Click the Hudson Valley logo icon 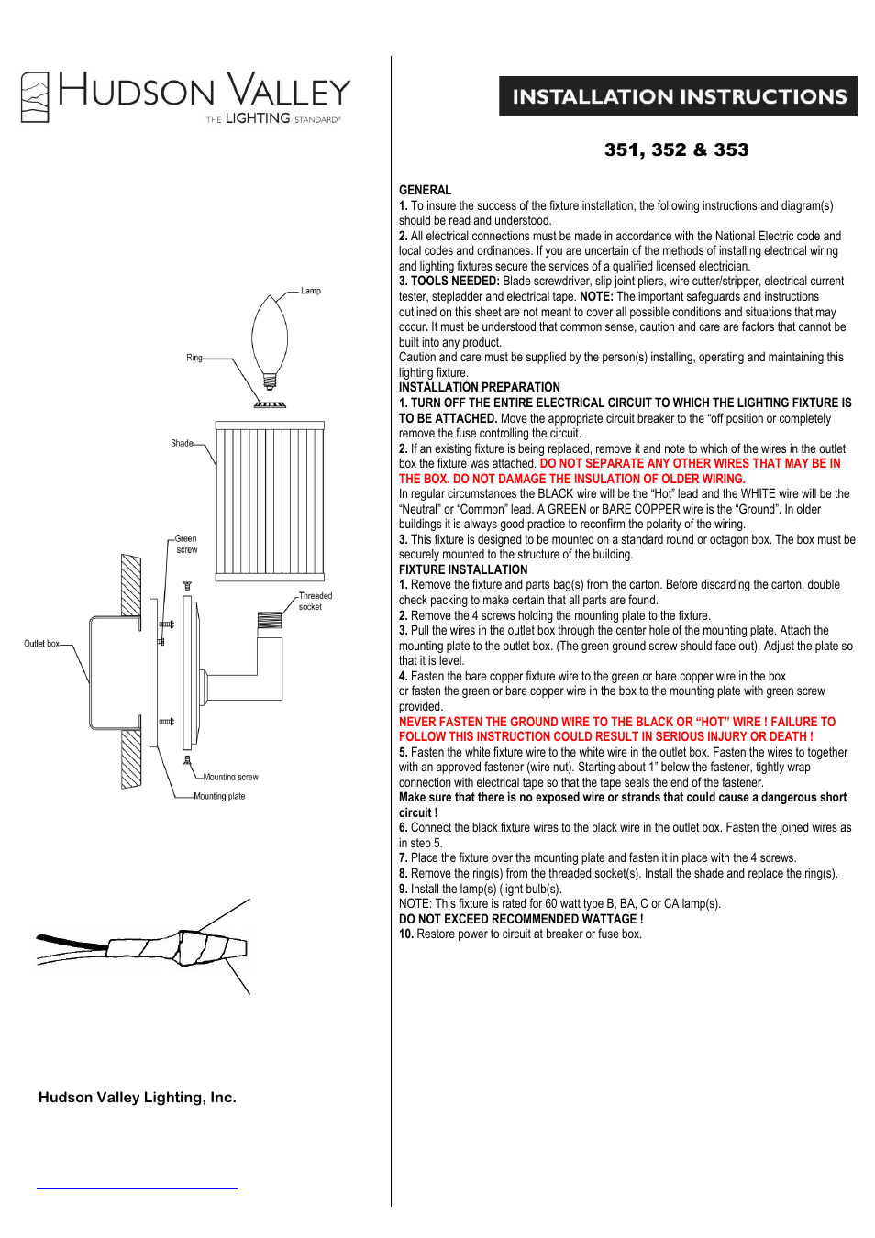35,96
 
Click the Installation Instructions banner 678,96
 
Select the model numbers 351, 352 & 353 676,149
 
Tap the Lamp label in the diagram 311,291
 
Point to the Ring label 194,358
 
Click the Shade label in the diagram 182,443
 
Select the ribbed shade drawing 270,501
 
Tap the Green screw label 186,544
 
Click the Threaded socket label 315,601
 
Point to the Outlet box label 41,644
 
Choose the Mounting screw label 230,777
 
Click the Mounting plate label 219,796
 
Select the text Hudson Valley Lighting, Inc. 138,1097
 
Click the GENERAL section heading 425,190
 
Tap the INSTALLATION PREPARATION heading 479,387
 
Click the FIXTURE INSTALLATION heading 462,569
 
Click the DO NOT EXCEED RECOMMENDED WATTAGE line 520,919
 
